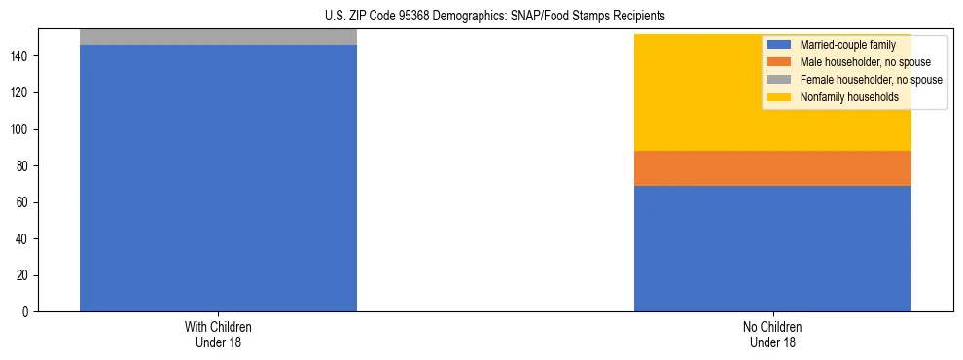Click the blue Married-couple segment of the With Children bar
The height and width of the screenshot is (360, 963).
(218, 178)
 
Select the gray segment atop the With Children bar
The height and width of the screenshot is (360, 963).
(218, 37)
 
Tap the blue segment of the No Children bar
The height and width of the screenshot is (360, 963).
(772, 248)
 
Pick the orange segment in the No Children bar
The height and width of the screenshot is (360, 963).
(772, 167)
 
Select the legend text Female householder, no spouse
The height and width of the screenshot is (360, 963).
(871, 80)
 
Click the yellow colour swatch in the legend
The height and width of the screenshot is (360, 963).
(779, 97)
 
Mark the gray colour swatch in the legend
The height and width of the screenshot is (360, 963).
(779, 80)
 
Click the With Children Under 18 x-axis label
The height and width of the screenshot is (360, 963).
(218, 334)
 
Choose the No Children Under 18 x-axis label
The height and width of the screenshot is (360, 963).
(772, 334)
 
